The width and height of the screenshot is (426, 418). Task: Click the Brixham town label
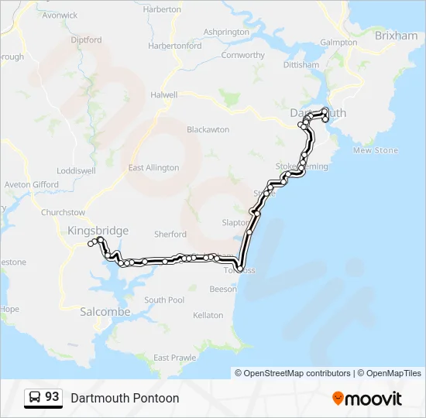(395, 36)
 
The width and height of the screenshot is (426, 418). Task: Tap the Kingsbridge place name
(98, 230)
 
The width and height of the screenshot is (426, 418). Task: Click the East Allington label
(153, 167)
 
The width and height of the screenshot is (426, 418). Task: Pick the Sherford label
(170, 234)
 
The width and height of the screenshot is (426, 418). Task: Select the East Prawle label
(174, 358)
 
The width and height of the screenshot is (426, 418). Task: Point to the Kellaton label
(208, 315)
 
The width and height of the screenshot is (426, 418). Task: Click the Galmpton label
(338, 43)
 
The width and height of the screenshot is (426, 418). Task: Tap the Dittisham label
(301, 65)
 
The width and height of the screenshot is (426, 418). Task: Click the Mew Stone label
(376, 150)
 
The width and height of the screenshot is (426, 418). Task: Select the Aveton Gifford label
(31, 185)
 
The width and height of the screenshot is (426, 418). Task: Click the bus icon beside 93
(35, 398)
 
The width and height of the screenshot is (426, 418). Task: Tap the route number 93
(52, 397)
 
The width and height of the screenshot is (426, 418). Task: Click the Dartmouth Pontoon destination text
(125, 398)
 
